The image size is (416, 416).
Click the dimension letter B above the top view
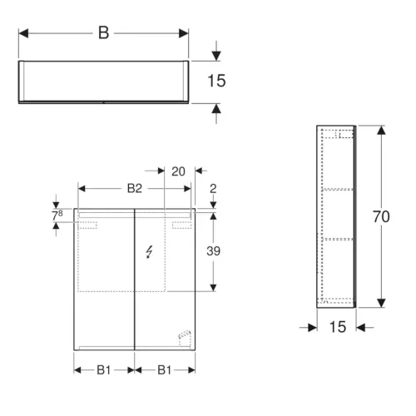tap(104, 33)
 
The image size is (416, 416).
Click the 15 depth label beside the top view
tap(216, 81)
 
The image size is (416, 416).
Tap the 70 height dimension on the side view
tap(381, 216)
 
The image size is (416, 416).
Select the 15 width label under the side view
tap(338, 327)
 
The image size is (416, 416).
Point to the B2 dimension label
tap(135, 189)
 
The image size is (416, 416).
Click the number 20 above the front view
tap(178, 171)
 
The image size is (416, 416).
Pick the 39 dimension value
tap(213, 251)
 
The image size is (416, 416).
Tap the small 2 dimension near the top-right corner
tap(213, 189)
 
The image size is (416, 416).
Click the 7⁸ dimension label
tap(57, 215)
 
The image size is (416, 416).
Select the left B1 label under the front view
tap(104, 370)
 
